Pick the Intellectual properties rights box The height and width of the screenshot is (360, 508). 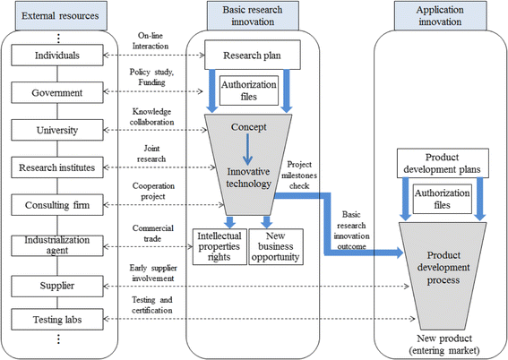click(219, 246)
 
